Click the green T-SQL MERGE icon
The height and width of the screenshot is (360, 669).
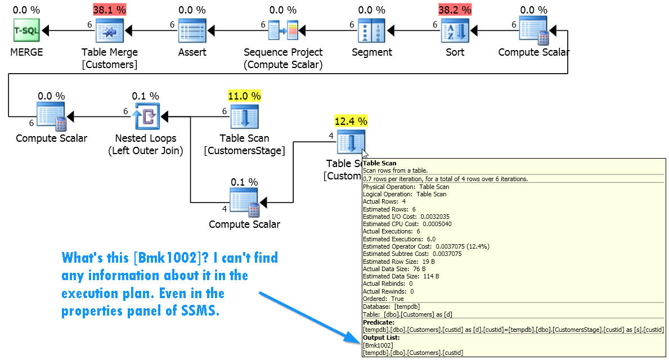tap(26, 30)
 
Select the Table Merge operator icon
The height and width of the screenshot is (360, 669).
tap(110, 30)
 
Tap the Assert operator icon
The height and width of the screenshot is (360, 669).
tap(192, 30)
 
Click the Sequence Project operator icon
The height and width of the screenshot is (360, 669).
tap(284, 30)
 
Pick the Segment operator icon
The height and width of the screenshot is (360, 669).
tap(371, 30)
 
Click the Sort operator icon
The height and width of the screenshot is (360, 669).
tap(455, 30)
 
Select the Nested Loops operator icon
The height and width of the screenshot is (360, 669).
tap(146, 116)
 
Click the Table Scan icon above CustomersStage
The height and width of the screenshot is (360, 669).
tap(245, 116)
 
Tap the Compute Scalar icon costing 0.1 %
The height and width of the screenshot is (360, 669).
tap(245, 203)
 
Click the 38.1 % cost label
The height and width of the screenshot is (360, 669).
tap(110, 10)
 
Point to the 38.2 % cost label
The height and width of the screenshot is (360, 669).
tap(455, 10)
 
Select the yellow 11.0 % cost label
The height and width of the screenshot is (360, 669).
tap(245, 96)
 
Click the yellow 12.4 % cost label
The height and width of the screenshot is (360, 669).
tap(351, 121)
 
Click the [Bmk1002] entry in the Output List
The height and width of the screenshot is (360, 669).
tap(378, 345)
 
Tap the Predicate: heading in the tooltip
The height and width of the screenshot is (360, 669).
tap(379, 322)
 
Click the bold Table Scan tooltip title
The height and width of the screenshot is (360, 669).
tap(379, 163)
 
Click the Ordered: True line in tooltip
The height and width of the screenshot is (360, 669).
tap(383, 299)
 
